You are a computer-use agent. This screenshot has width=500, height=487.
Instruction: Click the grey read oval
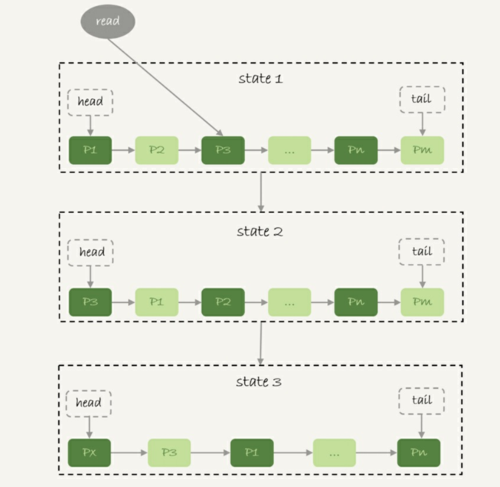pyautogui.click(x=108, y=21)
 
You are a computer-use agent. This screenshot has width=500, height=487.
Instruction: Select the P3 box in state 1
pyautogui.click(x=223, y=150)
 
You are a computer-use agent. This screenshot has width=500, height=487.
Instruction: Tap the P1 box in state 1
pyautogui.click(x=90, y=150)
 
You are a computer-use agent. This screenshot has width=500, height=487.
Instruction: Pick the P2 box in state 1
pyautogui.click(x=157, y=150)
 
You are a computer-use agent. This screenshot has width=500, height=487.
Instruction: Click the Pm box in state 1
pyautogui.click(x=422, y=150)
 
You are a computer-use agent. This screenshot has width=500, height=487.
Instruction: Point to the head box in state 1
pyautogui.click(x=90, y=102)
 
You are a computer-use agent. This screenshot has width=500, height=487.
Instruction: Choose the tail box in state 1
pyautogui.click(x=422, y=99)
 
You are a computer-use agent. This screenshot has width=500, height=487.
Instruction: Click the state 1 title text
pyautogui.click(x=260, y=79)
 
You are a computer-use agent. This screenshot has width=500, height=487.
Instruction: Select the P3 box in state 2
pyautogui.click(x=90, y=302)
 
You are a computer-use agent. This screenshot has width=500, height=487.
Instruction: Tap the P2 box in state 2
pyautogui.click(x=223, y=302)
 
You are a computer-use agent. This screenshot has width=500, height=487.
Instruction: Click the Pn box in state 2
pyautogui.click(x=355, y=302)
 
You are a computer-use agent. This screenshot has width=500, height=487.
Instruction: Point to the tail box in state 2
pyautogui.click(x=422, y=251)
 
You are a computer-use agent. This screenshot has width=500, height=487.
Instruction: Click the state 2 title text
pyautogui.click(x=259, y=232)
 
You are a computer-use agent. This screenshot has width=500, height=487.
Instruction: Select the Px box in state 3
pyautogui.click(x=89, y=453)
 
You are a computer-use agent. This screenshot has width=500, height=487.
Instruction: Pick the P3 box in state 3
pyautogui.click(x=169, y=453)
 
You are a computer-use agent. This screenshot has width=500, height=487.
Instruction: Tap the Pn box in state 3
pyautogui.click(x=418, y=453)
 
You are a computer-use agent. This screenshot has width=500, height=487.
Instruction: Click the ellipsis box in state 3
pyautogui.click(x=334, y=453)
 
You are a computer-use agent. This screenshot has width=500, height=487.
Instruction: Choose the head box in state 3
pyautogui.click(x=89, y=403)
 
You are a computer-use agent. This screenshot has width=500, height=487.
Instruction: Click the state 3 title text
pyautogui.click(x=258, y=382)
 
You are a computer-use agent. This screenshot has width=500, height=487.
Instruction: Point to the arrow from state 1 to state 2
pyautogui.click(x=260, y=192)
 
